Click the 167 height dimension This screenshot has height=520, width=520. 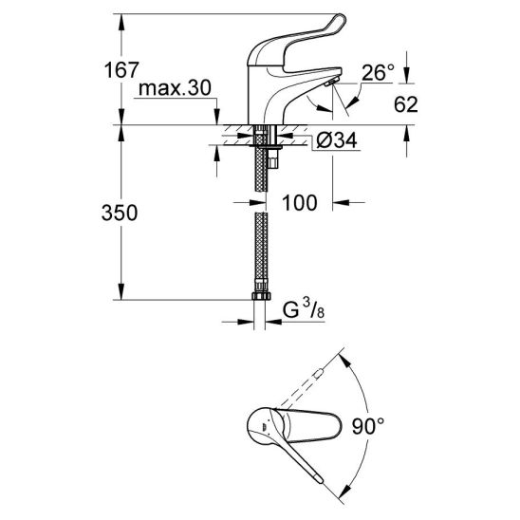coord(121,70)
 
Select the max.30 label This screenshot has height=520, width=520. coord(175,88)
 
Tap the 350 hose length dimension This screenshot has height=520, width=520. coord(120,213)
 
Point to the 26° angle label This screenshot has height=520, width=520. coord(378,73)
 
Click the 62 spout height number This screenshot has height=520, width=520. coord(405,104)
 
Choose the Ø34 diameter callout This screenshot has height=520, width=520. coord(337,140)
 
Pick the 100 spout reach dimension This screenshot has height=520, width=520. coord(300,203)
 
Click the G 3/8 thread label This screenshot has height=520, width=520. coord(304,310)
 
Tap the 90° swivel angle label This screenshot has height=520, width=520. coord(368,426)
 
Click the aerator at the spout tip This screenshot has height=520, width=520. coord(331,82)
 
